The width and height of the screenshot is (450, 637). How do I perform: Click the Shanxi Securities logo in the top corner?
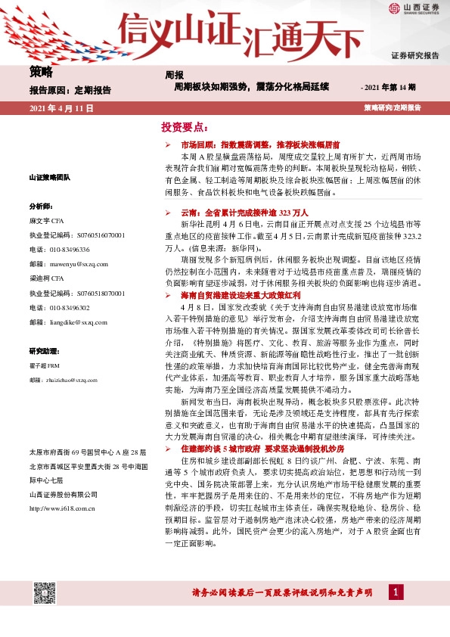[x=414, y=9]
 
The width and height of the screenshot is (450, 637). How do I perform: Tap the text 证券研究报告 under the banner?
[x=414, y=56]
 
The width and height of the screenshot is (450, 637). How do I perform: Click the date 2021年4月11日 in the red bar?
[x=61, y=109]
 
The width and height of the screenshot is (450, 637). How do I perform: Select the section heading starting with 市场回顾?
[x=250, y=143]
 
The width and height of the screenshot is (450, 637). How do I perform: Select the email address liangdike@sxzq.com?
[x=59, y=322]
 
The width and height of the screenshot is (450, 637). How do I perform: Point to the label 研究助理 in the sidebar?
[x=44, y=351]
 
